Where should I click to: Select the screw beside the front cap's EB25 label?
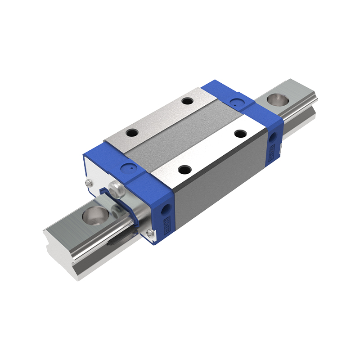(150, 232)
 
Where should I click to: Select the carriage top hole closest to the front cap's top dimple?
(132, 133)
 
